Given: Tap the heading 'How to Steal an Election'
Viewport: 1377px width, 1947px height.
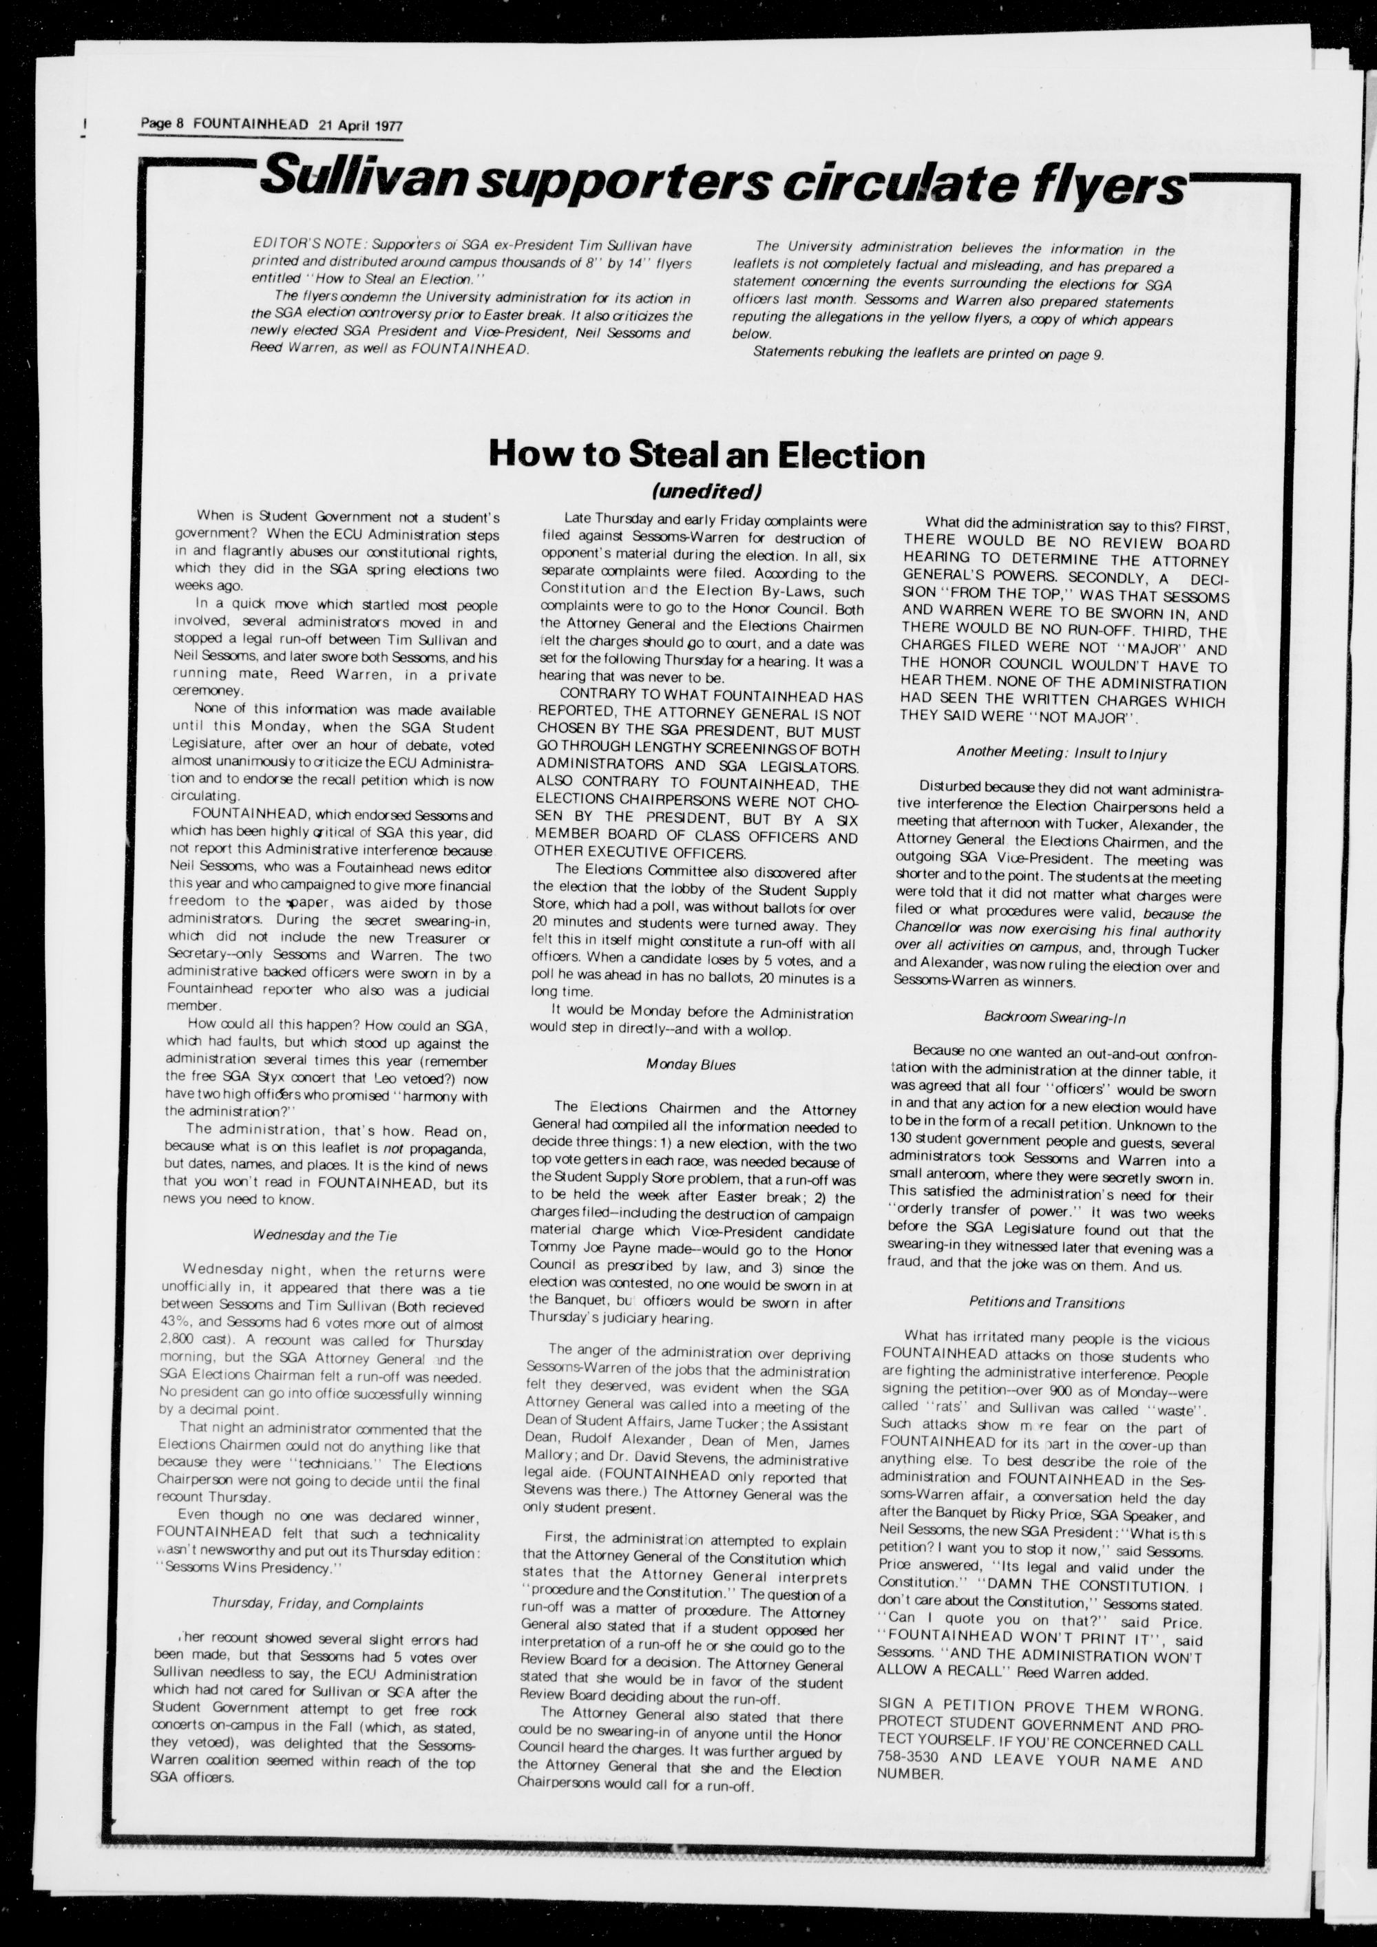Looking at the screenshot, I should coord(706,456).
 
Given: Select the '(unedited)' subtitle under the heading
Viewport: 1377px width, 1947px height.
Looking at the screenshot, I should coord(706,491).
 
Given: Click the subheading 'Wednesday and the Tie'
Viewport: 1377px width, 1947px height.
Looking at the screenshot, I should coord(325,1236).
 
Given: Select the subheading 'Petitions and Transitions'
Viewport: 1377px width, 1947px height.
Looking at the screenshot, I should coord(1047,1303).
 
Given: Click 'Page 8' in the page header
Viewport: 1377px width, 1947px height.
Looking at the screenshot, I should coord(162,125).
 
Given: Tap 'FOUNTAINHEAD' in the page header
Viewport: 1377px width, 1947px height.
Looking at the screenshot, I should coord(250,125).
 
